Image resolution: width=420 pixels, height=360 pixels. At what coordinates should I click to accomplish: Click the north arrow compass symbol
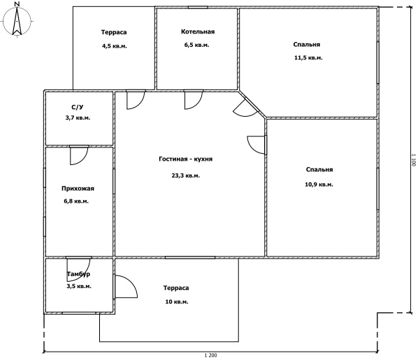click(x=17, y=20)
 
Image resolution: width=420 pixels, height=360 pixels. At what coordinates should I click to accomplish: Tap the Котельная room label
click(x=198, y=32)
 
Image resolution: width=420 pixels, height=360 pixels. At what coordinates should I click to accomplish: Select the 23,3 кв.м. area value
click(x=186, y=175)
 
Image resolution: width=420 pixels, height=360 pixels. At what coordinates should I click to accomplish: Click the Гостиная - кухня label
click(x=186, y=159)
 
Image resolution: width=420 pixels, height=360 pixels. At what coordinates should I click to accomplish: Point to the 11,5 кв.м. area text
click(x=308, y=58)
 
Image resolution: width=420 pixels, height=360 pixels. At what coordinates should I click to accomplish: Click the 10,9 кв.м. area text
click(x=319, y=185)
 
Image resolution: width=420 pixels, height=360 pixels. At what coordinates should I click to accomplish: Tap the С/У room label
click(x=78, y=107)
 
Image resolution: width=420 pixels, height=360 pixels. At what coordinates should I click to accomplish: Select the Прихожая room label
click(x=78, y=189)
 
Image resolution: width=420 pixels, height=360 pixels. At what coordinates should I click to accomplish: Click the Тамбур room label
click(x=78, y=274)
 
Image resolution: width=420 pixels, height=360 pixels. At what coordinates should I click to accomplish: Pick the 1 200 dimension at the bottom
click(x=210, y=355)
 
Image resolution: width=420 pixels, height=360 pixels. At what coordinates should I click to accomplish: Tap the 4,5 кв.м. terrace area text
click(x=115, y=46)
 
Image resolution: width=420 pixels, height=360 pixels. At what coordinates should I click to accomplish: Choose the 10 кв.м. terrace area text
click(x=177, y=302)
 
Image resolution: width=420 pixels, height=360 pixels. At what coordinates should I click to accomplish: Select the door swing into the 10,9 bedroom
click(x=256, y=145)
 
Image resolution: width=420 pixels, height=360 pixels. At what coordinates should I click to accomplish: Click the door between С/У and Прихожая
click(x=79, y=155)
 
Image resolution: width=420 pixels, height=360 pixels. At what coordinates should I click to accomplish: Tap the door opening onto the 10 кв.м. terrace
click(x=126, y=287)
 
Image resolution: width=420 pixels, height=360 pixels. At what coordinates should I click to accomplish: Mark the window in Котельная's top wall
click(x=198, y=7)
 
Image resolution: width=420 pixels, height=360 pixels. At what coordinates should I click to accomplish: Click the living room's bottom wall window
click(x=190, y=257)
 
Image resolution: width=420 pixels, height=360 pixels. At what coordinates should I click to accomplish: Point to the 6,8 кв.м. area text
click(x=76, y=201)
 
